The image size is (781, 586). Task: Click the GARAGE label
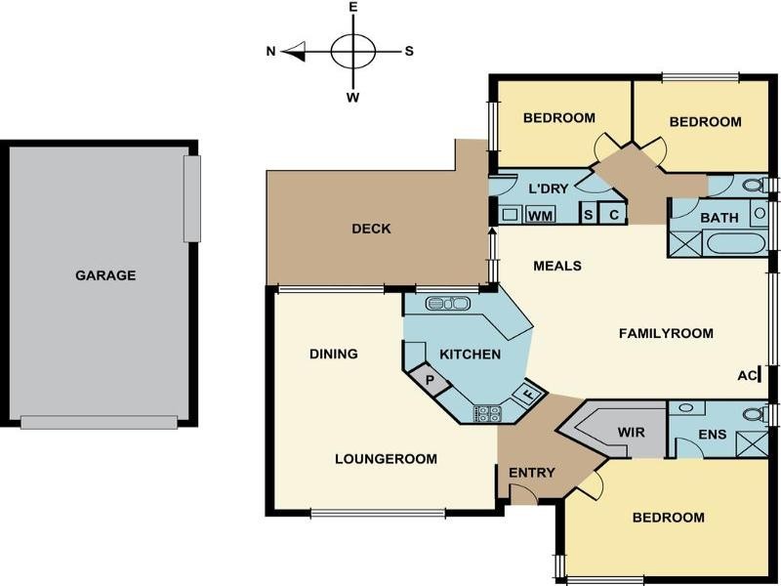tap(105, 275)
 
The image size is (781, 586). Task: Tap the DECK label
tap(371, 230)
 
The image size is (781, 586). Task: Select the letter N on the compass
tap(271, 51)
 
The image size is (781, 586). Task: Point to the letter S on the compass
tap(409, 51)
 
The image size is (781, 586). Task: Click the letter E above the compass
tap(352, 8)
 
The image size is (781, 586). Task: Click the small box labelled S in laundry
tap(588, 215)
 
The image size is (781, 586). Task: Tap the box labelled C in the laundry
tap(613, 215)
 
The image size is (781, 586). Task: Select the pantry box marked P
tap(427, 376)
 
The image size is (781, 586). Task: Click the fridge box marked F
tap(528, 395)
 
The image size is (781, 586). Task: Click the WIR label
tap(631, 431)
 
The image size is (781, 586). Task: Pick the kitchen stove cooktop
tap(487, 413)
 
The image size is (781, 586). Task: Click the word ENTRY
tap(531, 474)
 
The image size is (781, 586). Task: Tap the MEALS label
tap(557, 266)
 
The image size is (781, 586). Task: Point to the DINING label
tap(334, 354)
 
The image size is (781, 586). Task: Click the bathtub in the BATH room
tap(733, 243)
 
